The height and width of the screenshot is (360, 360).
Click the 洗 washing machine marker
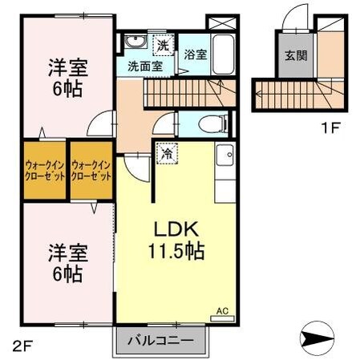pos(164,44)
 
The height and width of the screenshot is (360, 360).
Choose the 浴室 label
pos(195,55)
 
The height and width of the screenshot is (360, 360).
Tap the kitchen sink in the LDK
pos(224,153)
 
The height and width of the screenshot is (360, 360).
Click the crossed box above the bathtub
pos(220,22)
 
